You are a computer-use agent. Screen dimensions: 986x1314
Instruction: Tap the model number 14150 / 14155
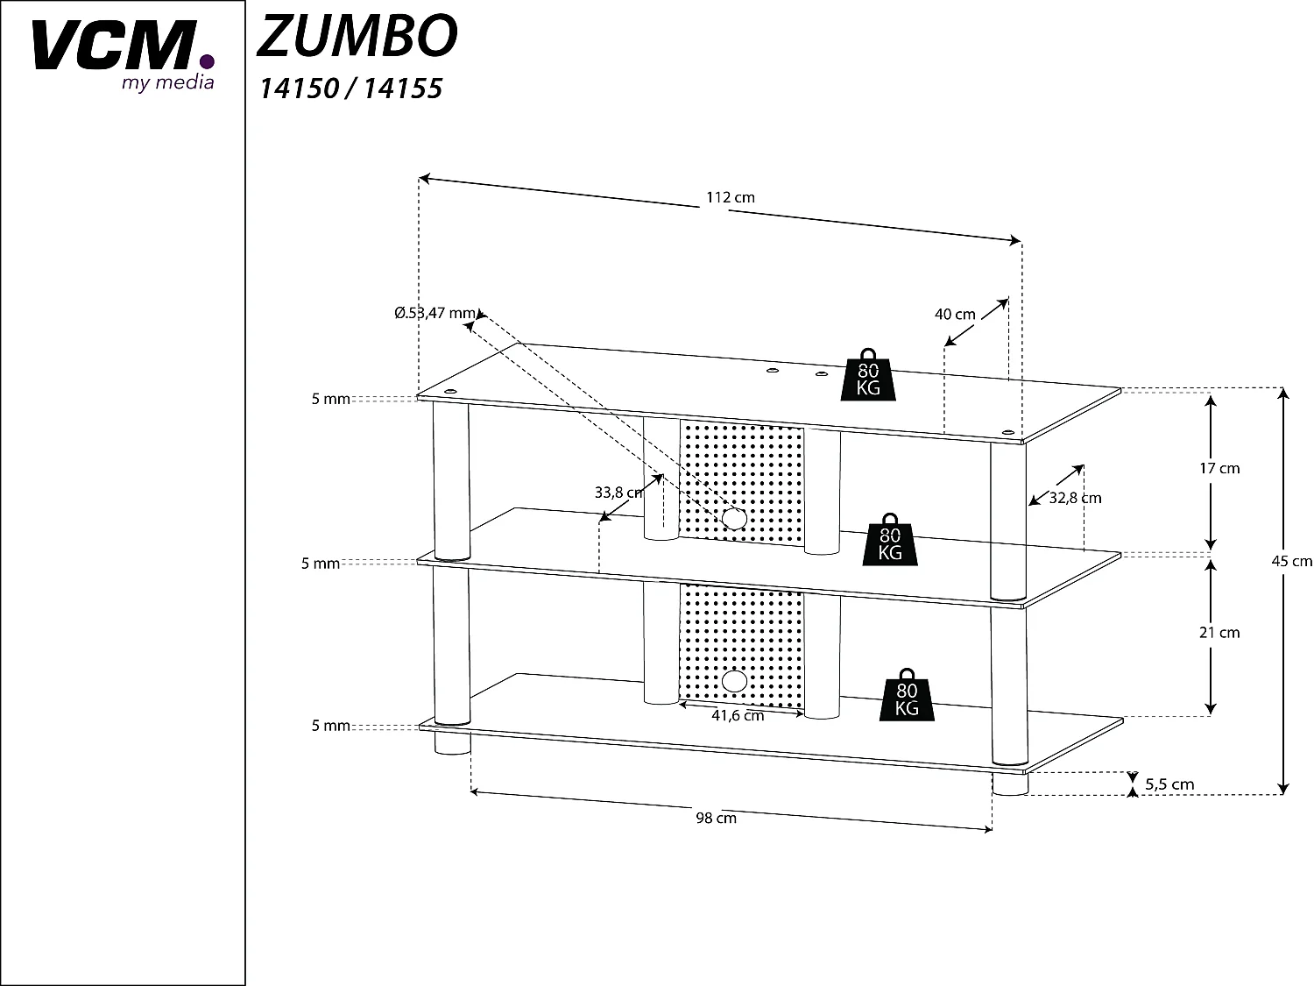(350, 89)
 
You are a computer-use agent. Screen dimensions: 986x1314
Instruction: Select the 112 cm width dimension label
(730, 197)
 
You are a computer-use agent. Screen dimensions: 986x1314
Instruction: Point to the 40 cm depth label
(954, 314)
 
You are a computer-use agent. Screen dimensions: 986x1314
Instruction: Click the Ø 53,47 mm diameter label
(434, 313)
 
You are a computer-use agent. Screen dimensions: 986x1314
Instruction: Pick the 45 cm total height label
(1291, 561)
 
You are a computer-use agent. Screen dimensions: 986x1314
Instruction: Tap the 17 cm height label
(1219, 468)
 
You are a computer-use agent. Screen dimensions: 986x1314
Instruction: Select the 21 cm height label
(1219, 632)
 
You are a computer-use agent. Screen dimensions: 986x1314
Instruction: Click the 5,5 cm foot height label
(1169, 784)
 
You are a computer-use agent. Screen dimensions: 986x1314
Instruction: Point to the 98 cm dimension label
(716, 818)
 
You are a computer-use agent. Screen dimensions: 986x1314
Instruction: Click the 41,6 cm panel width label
(738, 715)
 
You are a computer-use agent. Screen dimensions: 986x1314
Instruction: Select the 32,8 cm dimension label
(1075, 498)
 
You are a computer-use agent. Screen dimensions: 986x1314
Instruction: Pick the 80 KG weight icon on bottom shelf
(907, 696)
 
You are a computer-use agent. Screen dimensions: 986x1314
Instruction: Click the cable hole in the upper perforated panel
(735, 518)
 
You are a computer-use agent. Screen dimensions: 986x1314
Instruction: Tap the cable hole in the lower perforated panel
(736, 681)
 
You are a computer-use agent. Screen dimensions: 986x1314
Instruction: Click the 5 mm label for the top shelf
(330, 399)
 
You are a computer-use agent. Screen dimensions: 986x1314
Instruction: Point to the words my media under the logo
(166, 82)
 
